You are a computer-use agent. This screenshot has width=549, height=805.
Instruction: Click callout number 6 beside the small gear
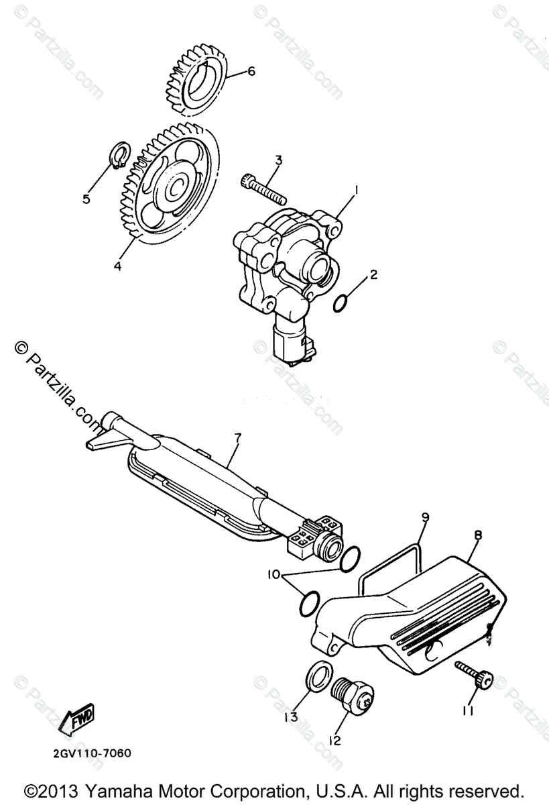coord(251,72)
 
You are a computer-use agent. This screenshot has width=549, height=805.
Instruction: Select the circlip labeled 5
coord(118,153)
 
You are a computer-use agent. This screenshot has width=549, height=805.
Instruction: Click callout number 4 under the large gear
coord(117,265)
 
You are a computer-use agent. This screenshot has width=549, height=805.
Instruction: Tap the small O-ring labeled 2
coord(341,302)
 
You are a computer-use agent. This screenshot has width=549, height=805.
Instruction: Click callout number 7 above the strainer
coord(237,437)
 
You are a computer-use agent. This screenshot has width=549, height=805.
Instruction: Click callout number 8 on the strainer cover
coord(478,536)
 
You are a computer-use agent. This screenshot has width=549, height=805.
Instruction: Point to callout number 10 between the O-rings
coord(273,575)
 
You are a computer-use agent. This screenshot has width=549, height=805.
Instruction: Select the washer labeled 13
coord(318,675)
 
